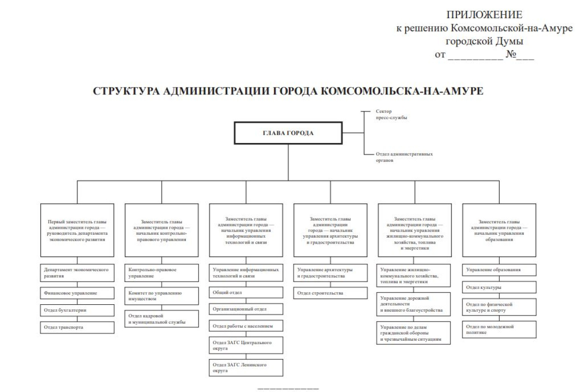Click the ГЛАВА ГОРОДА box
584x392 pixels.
tap(288, 133)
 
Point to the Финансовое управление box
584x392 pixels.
tap(77, 293)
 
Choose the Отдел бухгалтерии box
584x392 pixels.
tap(77, 310)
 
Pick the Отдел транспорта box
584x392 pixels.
tap(77, 327)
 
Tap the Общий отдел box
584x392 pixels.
tap(246, 292)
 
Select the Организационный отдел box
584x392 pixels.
tap(246, 309)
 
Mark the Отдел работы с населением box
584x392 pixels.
tap(246, 326)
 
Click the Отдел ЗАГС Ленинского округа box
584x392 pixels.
tap(246, 367)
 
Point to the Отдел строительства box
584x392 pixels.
tap(330, 293)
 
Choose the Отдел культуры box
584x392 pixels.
tap(499, 287)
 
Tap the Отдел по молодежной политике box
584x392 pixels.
tap(499, 329)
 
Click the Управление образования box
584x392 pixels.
tap(499, 270)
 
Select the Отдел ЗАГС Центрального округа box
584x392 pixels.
tap(246, 345)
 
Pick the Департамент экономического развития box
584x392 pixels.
tap(77, 273)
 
